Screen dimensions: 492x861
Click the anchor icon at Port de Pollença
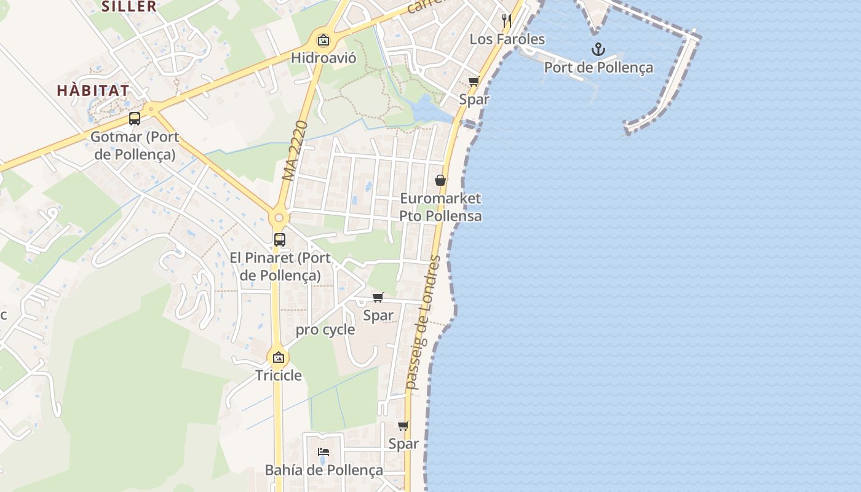click(598, 49)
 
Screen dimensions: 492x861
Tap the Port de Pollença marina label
click(598, 67)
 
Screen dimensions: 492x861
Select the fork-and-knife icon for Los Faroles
click(507, 21)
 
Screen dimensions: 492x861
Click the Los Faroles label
click(507, 39)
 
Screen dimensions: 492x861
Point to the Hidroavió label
click(323, 58)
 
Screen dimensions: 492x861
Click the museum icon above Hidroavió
click(323, 41)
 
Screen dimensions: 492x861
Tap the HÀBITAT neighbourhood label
click(93, 90)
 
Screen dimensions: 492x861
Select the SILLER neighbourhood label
click(129, 7)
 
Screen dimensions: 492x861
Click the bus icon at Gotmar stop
click(135, 119)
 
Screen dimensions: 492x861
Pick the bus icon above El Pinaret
click(279, 240)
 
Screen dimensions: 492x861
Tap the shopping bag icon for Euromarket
click(440, 180)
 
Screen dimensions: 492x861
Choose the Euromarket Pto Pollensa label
click(440, 207)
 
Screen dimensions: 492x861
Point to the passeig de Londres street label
click(424, 322)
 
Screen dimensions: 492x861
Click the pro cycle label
click(325, 330)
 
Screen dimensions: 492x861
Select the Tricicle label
click(279, 375)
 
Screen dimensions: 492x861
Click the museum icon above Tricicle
click(279, 357)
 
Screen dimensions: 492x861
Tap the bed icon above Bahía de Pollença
click(323, 452)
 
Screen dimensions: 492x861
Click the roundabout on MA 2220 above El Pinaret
click(279, 218)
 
